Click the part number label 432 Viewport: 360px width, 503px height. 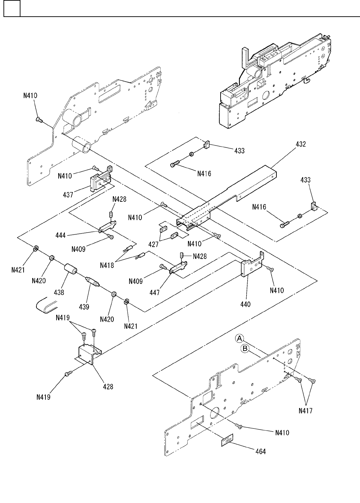(301, 144)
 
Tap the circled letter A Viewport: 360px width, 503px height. (239, 338)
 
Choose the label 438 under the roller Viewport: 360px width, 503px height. (59, 292)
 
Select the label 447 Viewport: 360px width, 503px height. (155, 293)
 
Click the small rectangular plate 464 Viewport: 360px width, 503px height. (227, 441)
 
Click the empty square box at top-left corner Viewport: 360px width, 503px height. (11, 8)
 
